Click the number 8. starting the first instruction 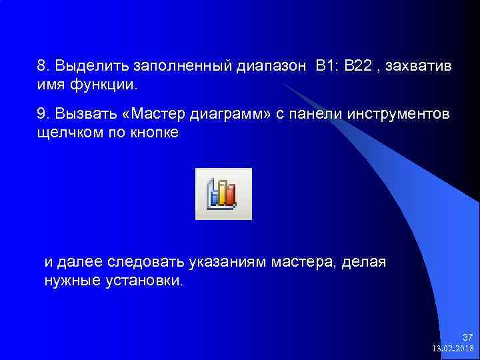click(43, 67)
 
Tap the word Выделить click(91, 67)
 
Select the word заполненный click(182, 67)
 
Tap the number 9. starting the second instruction click(43, 114)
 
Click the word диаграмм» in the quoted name click(230, 114)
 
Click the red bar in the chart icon click(231, 195)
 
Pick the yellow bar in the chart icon click(223, 191)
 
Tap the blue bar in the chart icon click(215, 196)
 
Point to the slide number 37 click(467, 337)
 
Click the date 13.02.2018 click(453, 348)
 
